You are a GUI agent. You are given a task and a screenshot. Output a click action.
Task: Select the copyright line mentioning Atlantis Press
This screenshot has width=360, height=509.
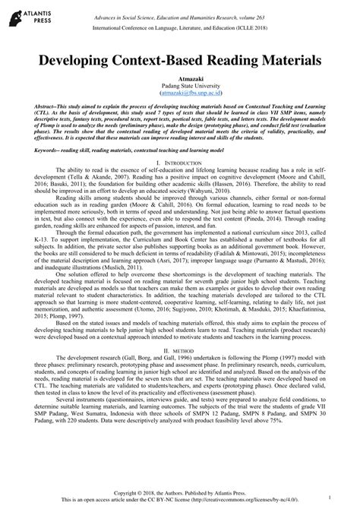coord(180,492)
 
